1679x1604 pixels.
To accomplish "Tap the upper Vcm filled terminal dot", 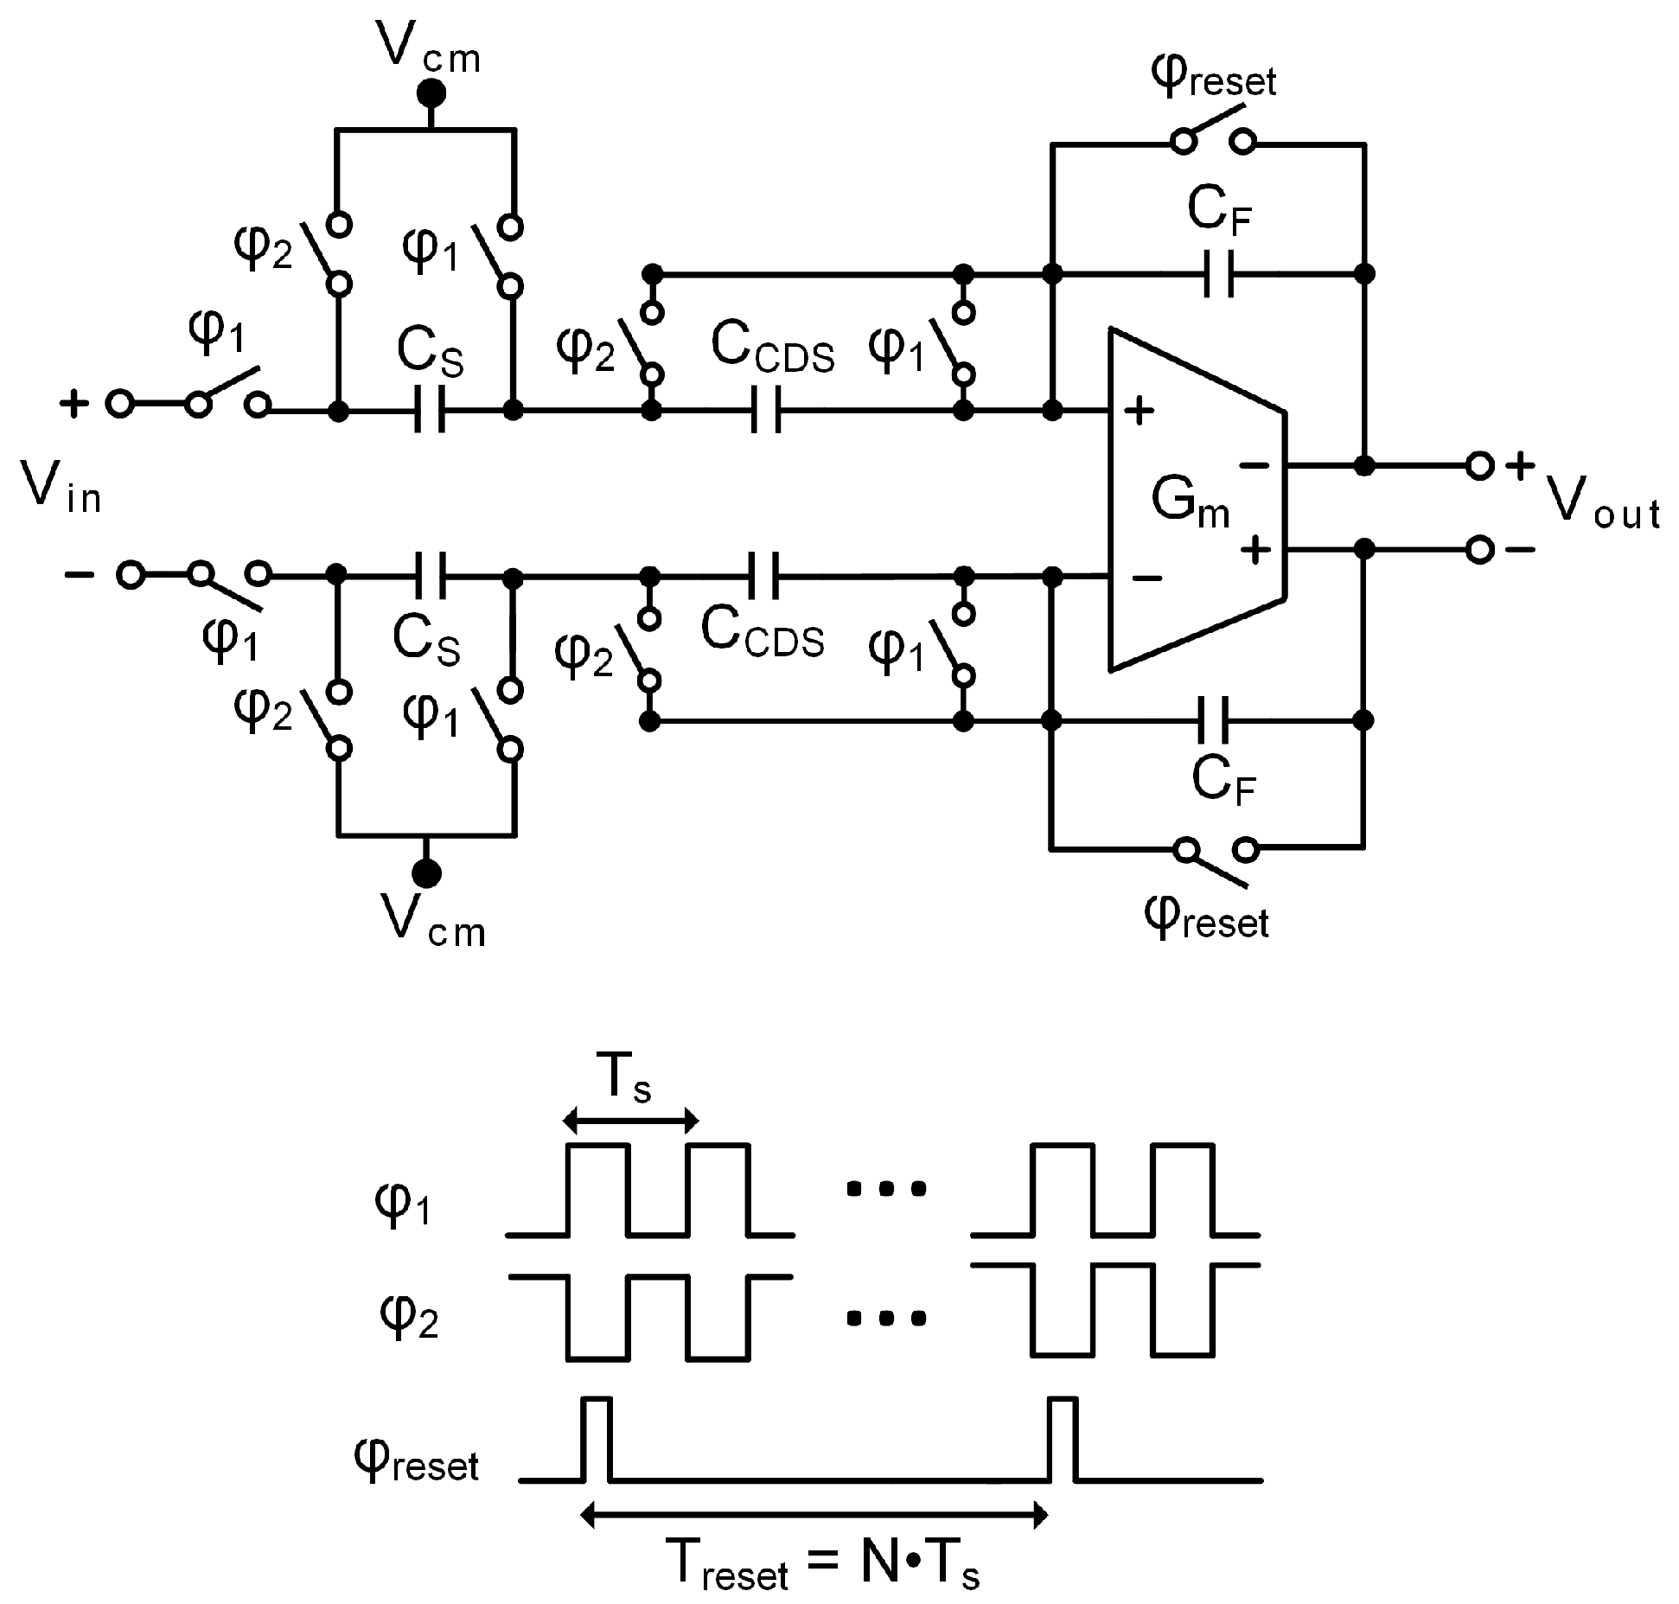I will point(431,93).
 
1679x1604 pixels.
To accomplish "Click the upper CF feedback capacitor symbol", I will point(1219,274).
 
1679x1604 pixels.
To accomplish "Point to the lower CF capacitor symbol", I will point(1213,720).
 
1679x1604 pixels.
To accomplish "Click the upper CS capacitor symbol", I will point(429,410).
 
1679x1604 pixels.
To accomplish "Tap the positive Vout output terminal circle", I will point(1479,466).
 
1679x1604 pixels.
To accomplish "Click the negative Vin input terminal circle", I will point(131,574).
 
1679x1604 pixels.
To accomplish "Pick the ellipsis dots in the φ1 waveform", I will point(886,1189).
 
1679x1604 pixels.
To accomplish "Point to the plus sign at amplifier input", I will point(1139,412).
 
